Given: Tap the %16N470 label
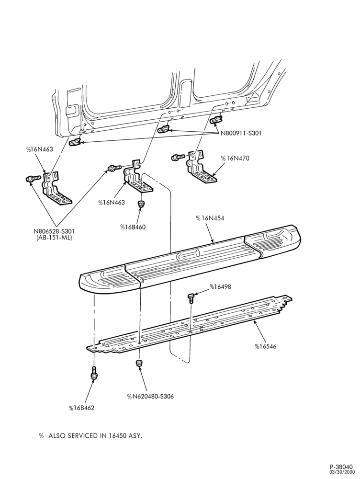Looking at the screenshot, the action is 236,158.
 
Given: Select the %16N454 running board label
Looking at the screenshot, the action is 210,218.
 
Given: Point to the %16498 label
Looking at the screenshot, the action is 220,287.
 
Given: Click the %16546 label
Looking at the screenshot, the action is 265,346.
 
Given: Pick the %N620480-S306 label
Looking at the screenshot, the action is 150,397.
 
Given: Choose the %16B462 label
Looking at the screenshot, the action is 81,408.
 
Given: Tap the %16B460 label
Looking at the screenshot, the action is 133,227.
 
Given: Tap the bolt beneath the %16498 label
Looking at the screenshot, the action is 191,297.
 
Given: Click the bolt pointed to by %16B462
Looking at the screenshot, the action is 94,373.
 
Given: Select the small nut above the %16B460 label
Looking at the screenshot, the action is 141,204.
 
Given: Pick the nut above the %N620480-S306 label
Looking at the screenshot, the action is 139,363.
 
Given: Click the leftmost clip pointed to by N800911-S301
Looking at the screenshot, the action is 75,142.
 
